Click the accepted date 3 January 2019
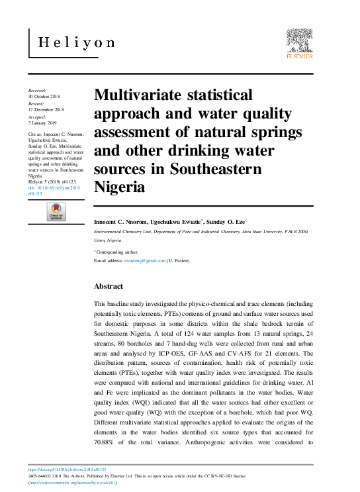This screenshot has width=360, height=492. point(44,123)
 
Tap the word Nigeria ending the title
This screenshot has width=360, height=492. point(120,187)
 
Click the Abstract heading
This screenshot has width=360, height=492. point(109,286)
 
